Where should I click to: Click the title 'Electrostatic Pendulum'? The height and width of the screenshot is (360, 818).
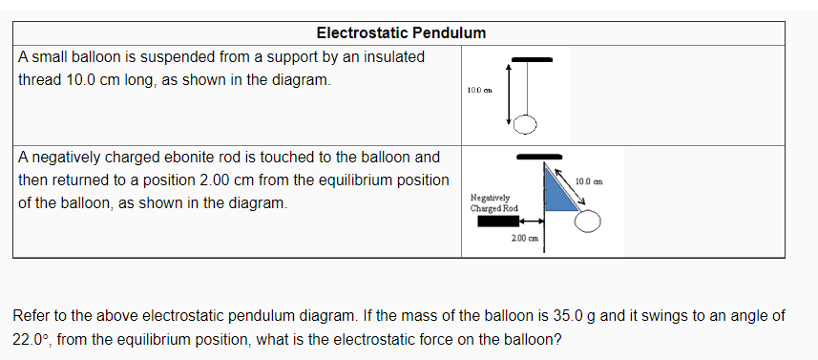coord(401,32)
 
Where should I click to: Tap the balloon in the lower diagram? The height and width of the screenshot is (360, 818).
coord(588,222)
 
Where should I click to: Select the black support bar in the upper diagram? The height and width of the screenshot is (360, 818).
coord(532,59)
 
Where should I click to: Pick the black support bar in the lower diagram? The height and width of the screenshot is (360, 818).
coord(539,156)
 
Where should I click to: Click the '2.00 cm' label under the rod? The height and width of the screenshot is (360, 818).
coord(525,238)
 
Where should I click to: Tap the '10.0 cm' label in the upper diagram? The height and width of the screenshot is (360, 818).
coord(479,90)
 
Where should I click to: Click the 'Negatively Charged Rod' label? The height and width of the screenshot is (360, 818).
coord(493,202)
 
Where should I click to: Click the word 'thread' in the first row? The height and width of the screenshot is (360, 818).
coord(39,80)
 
